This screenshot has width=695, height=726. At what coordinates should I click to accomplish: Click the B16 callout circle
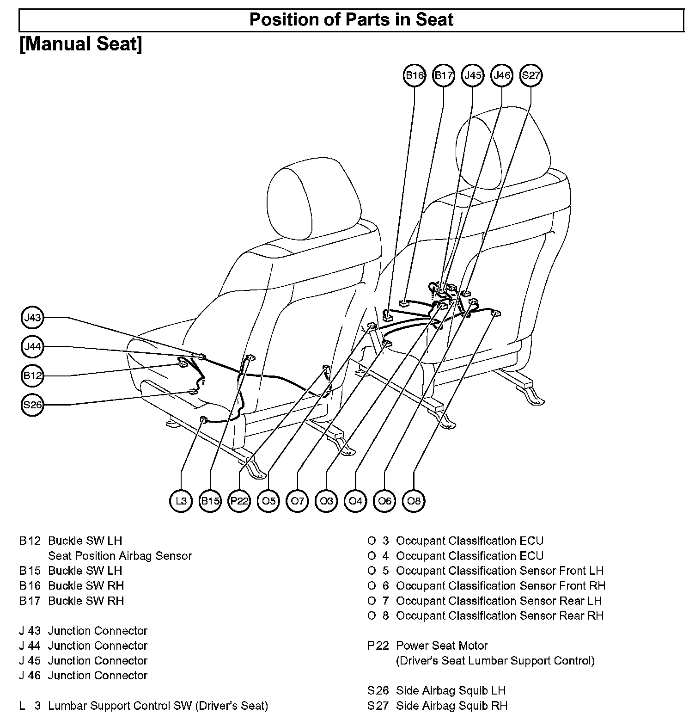415,75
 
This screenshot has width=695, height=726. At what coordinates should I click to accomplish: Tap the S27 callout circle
531,75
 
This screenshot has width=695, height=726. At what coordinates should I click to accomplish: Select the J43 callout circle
33,318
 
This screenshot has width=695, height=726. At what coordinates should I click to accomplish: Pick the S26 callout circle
33,405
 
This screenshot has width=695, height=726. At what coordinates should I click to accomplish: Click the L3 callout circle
181,501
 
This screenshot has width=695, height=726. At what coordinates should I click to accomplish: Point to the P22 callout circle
239,501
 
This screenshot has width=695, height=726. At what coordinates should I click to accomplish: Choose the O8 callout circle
414,501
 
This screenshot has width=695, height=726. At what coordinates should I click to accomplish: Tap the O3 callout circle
326,501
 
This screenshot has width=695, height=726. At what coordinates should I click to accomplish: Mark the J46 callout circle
502,75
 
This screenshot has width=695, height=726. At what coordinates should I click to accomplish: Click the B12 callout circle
33,375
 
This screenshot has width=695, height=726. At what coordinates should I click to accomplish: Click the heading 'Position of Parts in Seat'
351,20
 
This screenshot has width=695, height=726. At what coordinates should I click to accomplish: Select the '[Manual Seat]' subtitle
81,44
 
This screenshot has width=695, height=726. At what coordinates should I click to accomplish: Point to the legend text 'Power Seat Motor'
442,646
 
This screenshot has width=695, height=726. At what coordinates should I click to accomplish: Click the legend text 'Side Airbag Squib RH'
451,706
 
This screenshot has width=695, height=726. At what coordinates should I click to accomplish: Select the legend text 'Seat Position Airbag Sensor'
120,556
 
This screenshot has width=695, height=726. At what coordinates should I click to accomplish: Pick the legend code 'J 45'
30,661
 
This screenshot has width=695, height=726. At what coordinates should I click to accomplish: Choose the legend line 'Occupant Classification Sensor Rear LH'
499,601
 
